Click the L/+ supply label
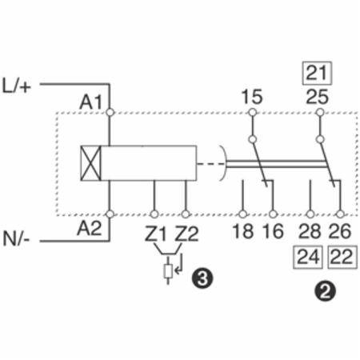click(x=17, y=86)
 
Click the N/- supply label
click(x=16, y=238)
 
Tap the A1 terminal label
click(x=90, y=102)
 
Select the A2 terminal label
click(x=90, y=228)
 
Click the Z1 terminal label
click(x=155, y=234)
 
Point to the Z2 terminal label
click(x=186, y=234)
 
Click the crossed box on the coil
click(x=91, y=163)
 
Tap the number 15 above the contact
click(x=252, y=97)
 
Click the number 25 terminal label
click(x=317, y=97)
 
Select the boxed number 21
click(x=317, y=73)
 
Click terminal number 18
click(x=242, y=231)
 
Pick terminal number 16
click(x=273, y=231)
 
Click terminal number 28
click(x=310, y=231)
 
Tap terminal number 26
click(x=340, y=231)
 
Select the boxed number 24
click(x=308, y=257)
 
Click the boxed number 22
click(x=342, y=257)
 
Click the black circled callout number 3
click(x=202, y=278)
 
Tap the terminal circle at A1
click(x=110, y=112)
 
